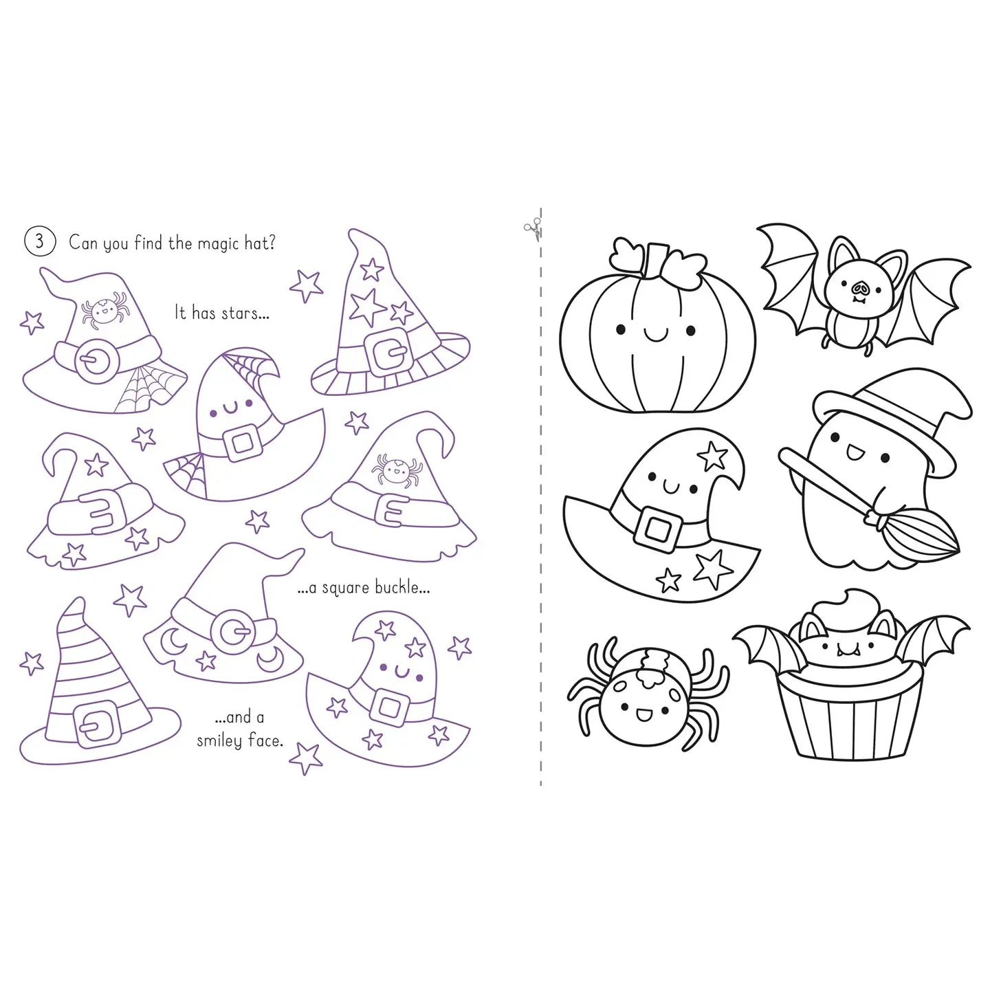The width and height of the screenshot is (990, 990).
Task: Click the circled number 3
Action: pos(40,241)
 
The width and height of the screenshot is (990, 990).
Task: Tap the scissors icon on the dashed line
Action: pos(533,229)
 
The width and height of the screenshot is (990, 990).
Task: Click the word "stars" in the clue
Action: pos(239,313)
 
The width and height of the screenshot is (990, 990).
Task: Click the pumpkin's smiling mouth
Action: pos(655,335)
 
